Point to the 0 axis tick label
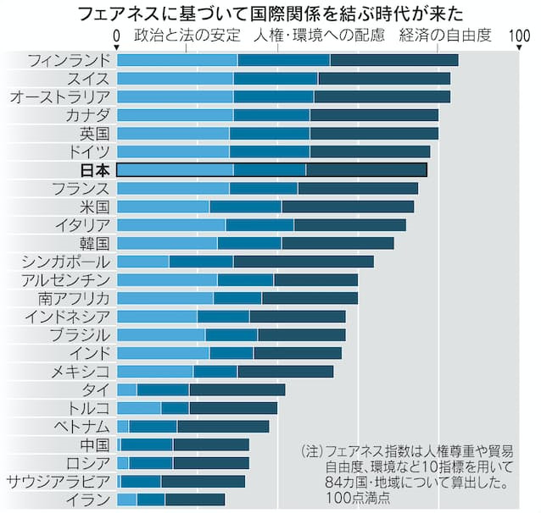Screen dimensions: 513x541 click(116, 35)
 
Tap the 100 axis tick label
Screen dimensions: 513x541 click(519, 35)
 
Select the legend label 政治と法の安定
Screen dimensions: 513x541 click(186, 36)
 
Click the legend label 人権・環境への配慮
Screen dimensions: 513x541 click(319, 36)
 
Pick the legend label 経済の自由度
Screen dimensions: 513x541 click(443, 36)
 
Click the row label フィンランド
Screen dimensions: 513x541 click(69, 60)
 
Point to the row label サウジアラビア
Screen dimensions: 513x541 click(58, 481)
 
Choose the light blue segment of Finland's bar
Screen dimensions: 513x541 click(176, 60)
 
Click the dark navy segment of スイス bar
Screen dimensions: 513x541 click(383, 79)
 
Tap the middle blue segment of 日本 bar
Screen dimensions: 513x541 click(269, 170)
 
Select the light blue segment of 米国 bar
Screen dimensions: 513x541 click(163, 207)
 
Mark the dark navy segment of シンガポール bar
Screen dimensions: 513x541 click(303, 262)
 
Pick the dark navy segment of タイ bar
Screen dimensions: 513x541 click(237, 389)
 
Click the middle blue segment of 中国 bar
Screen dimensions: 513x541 click(147, 444)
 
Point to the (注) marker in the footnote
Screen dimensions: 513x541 click(311, 451)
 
